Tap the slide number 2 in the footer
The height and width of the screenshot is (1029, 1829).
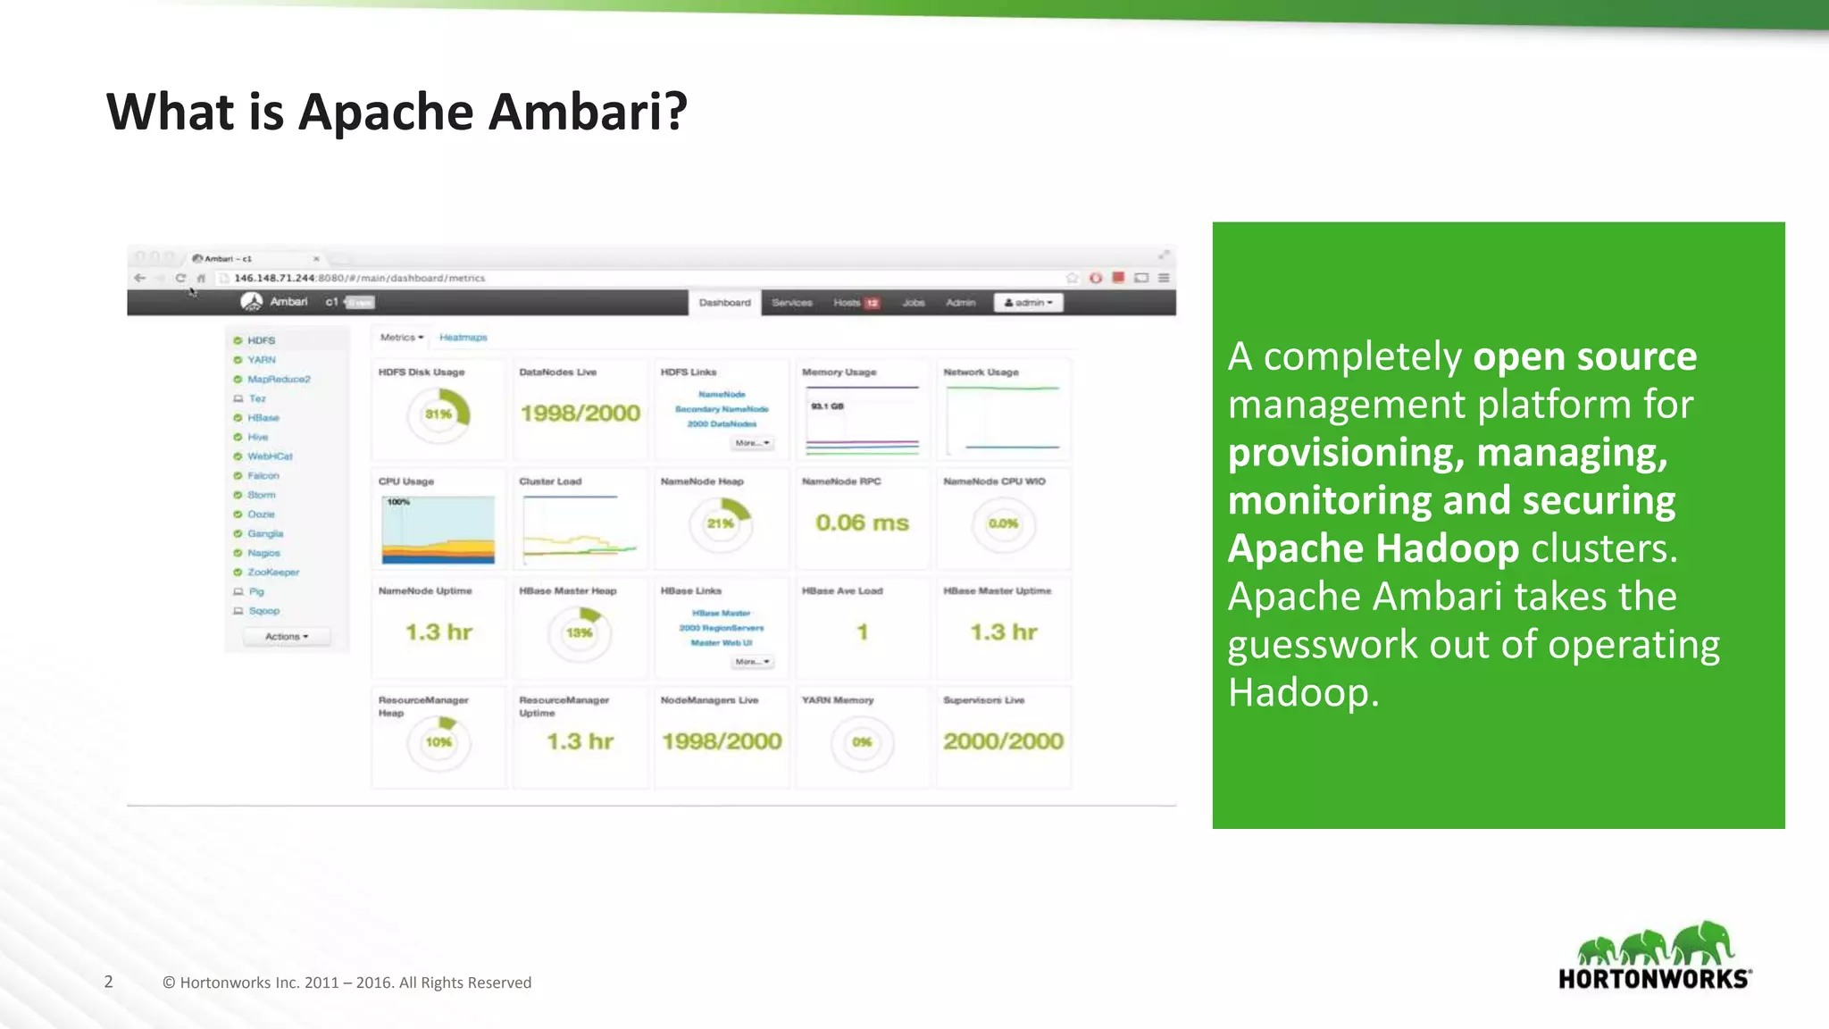109,982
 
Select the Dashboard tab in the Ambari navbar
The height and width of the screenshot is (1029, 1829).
724,303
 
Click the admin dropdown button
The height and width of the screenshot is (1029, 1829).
1029,303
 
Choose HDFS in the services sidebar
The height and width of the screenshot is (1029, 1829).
261,340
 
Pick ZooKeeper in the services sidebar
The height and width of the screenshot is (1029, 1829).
272,572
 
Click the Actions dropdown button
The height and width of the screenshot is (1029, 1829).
287,637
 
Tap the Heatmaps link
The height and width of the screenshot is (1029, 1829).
463,338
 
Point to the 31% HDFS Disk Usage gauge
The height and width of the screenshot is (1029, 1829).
438,414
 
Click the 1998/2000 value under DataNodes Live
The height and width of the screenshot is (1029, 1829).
580,413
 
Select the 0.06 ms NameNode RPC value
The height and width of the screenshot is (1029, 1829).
862,523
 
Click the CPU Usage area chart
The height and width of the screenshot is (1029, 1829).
438,530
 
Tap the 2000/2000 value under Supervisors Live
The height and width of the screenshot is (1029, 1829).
1003,741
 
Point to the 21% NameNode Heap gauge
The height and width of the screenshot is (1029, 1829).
721,523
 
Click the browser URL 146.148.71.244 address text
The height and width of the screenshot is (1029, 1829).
359,278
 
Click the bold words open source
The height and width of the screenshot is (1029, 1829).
1584,356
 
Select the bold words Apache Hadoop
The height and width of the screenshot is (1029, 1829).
1373,548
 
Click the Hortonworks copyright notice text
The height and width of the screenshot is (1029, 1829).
347,983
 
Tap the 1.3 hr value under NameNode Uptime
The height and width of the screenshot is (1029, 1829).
438,632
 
